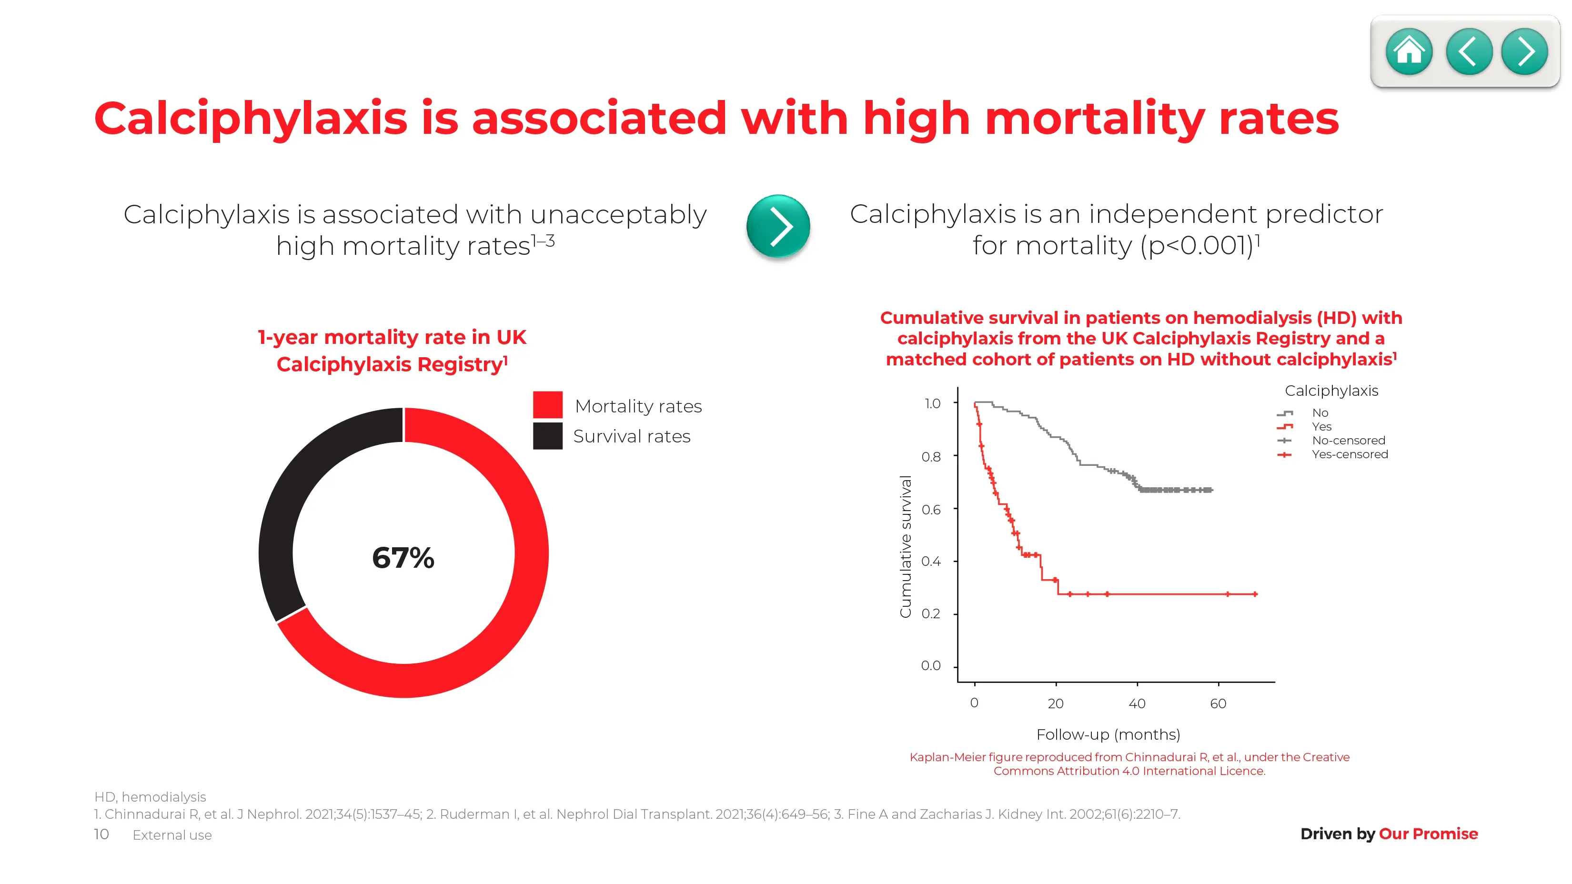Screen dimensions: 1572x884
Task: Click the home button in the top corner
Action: click(x=1409, y=52)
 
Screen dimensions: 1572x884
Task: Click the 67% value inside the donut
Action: click(x=403, y=558)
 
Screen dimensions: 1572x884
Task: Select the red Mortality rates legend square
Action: click(x=547, y=405)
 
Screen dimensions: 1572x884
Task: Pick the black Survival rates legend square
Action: click(x=547, y=436)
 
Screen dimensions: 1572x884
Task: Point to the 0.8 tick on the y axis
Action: click(x=931, y=456)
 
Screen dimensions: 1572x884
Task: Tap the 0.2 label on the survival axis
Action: click(x=931, y=614)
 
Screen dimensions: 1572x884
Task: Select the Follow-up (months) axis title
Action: click(x=1108, y=734)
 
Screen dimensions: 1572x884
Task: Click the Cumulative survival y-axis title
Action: click(x=906, y=547)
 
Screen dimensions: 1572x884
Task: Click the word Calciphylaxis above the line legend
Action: click(x=1331, y=391)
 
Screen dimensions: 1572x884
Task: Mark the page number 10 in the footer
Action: click(x=101, y=834)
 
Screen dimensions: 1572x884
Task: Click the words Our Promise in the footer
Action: click(x=1429, y=834)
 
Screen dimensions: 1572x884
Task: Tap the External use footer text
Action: click(x=172, y=835)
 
